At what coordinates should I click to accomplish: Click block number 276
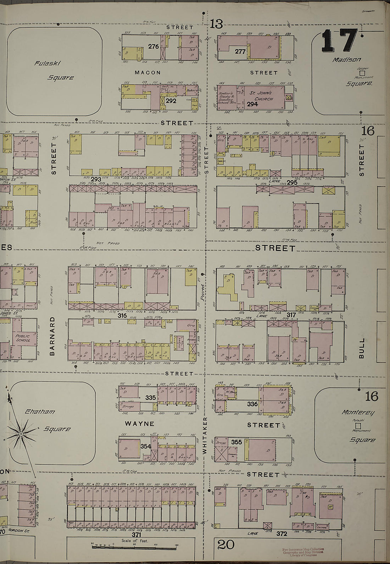(154, 46)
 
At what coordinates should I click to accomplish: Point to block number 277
(240, 51)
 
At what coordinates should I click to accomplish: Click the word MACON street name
(147, 72)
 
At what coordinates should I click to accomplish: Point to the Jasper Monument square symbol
(362, 74)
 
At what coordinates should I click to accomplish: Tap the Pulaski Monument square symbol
(358, 425)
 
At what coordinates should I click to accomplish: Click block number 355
(236, 442)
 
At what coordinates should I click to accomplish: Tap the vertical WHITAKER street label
(204, 435)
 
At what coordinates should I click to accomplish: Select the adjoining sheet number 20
(226, 544)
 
